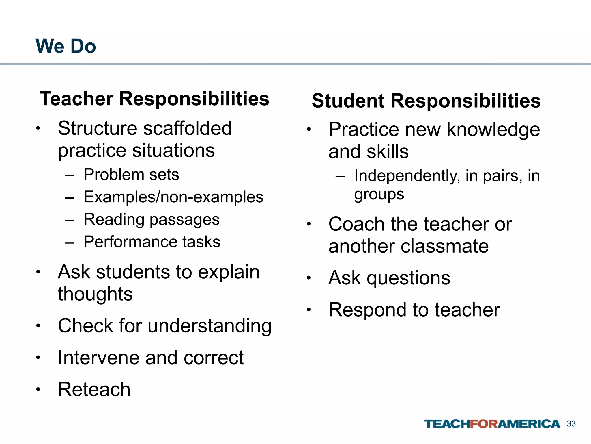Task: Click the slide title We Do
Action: pos(66,46)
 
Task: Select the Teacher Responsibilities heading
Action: pos(154,99)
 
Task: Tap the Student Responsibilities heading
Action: pos(426,101)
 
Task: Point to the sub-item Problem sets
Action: pos(131,175)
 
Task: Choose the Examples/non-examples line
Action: pos(173,197)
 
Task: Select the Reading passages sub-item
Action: pos(152,219)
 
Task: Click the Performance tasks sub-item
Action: pos(152,242)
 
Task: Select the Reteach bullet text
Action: pos(94,389)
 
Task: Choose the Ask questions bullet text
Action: pos(389,278)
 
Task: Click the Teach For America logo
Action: pos(492,424)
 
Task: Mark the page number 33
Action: pos(571,424)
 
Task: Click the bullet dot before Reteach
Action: pos(38,390)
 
